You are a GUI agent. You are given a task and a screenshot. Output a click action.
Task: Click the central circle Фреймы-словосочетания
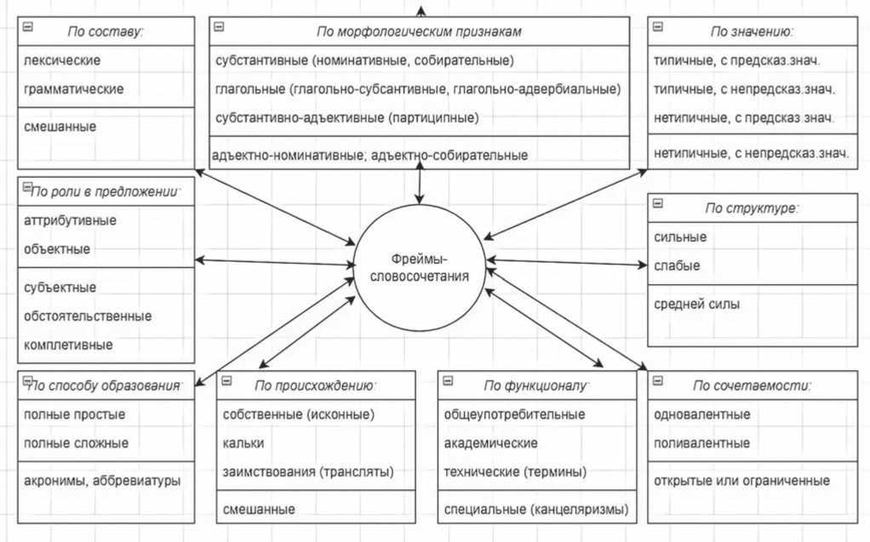coord(419,267)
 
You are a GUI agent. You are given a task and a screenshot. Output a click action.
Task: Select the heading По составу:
coord(106,31)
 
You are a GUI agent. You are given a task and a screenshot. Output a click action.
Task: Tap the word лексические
coord(62,60)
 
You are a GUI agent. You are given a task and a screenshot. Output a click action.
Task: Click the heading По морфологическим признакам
coord(418,31)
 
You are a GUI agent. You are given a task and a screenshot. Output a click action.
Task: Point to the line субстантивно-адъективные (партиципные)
coord(347,117)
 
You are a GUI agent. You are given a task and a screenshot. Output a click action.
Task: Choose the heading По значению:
coord(752,31)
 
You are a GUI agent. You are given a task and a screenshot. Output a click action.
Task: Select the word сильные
coord(680,237)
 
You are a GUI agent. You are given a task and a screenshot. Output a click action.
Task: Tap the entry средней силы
coord(696,303)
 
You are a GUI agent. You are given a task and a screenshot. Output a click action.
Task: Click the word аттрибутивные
coord(71,220)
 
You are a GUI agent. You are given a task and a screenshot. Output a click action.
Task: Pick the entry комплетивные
coord(68,345)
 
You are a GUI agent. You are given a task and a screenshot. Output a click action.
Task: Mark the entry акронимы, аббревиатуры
coord(102,481)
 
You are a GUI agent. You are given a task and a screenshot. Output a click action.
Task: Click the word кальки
coord(243,443)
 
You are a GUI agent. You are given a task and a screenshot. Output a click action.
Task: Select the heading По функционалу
coord(536,385)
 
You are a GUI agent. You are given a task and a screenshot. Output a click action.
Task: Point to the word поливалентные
coord(701,443)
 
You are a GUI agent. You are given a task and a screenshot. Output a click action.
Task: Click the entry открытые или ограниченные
coord(741,481)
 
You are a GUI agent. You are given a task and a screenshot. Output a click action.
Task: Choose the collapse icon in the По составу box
coord(28,27)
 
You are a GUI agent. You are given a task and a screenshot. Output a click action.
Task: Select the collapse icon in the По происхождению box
coord(227,382)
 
